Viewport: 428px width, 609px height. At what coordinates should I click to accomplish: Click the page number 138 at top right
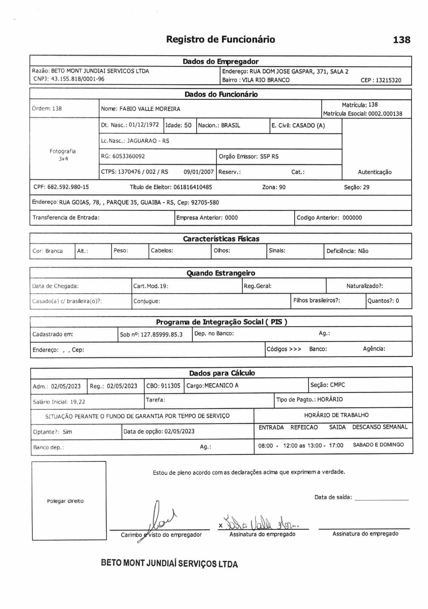coord(401,40)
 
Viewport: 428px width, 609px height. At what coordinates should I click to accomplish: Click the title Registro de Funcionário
coord(220,39)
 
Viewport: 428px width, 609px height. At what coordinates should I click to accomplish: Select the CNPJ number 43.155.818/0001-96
coord(78,79)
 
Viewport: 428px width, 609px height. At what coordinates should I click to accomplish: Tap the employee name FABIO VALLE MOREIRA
coord(150,109)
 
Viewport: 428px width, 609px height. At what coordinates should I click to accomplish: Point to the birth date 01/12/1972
coord(144,125)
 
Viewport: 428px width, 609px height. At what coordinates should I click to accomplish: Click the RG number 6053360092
coord(129,156)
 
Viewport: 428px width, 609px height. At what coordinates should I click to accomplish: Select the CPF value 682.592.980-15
coord(68,187)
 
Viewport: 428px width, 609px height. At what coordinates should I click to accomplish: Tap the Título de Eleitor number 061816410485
coord(193,187)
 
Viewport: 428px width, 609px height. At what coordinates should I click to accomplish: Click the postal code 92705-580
coord(205,202)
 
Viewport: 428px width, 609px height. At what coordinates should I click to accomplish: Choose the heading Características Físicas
coord(221,239)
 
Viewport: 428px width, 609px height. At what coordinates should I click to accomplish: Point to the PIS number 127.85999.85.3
coord(162,335)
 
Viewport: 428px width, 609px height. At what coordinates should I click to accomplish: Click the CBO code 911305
coord(170,386)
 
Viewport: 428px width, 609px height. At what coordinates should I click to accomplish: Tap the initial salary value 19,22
coord(78,402)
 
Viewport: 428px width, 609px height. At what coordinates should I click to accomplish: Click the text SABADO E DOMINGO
coord(378,445)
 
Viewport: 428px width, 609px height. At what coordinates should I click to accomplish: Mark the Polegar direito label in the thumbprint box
coord(65,501)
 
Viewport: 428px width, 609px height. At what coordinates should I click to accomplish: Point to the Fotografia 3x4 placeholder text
coord(63,155)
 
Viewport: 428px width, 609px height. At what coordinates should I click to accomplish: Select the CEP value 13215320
coord(388,80)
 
